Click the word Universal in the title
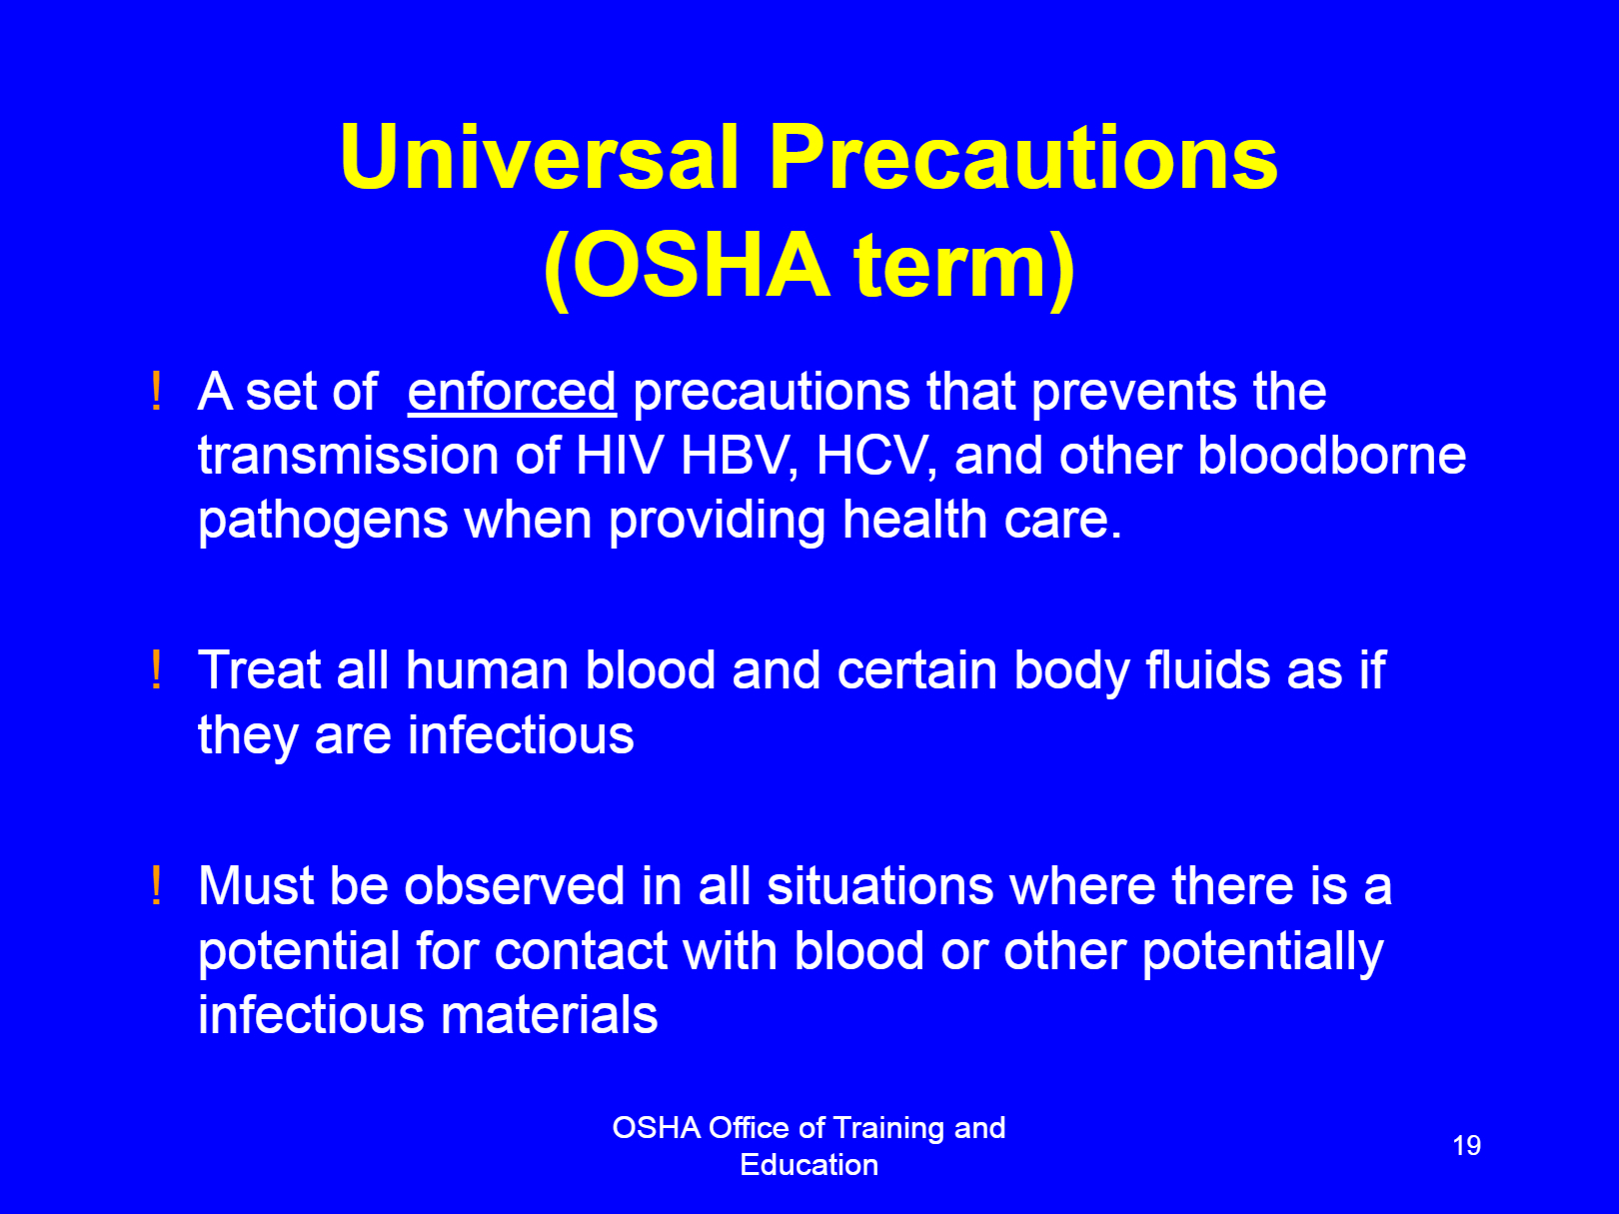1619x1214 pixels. pos(540,157)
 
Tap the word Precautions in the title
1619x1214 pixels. pos(1023,157)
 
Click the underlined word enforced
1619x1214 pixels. pos(512,392)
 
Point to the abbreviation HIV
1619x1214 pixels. pos(620,456)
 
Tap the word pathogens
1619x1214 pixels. pos(323,523)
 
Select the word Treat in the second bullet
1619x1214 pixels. pos(259,670)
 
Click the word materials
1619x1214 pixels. pos(549,1015)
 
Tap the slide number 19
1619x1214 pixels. pos(1466,1145)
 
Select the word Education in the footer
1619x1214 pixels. pos(809,1165)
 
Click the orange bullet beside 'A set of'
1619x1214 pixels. pos(156,391)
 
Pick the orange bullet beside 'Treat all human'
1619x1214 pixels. pos(156,669)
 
